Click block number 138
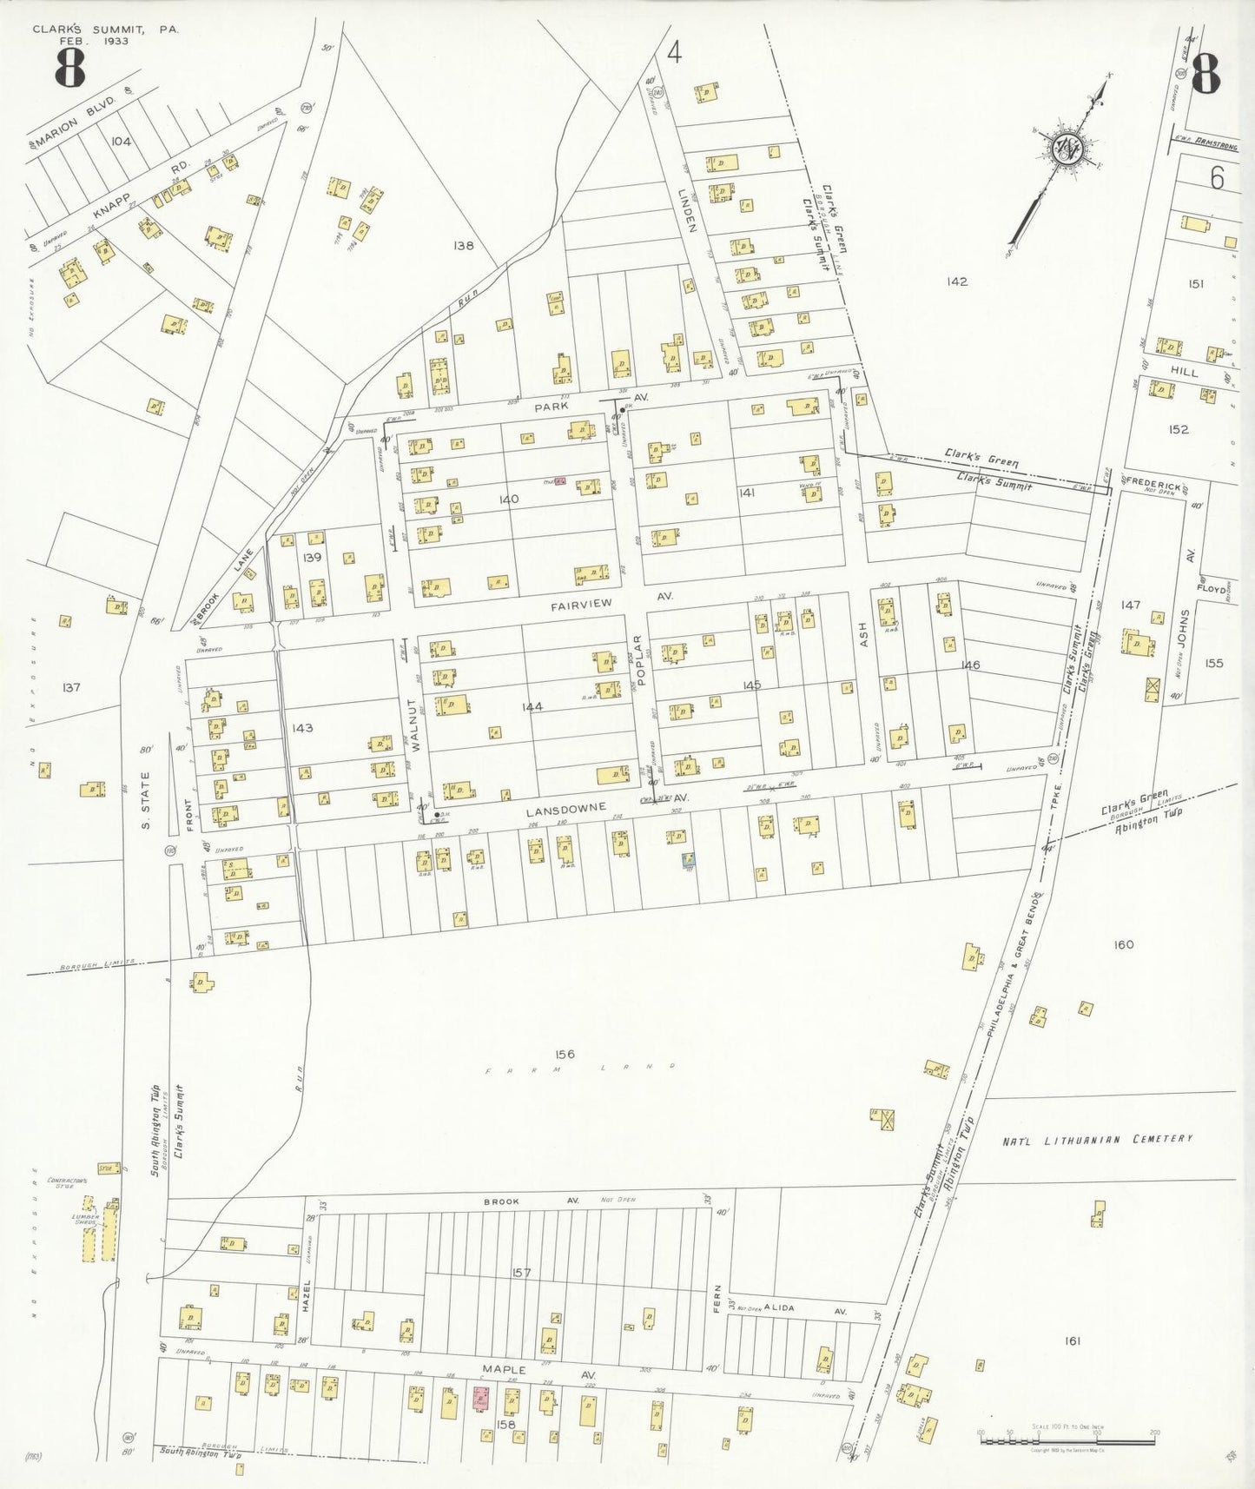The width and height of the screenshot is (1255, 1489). coord(464,246)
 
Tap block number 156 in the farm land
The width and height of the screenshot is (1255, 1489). coord(565,1055)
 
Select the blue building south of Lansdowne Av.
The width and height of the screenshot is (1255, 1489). coord(688,860)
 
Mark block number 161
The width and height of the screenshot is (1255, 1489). coord(1072,1341)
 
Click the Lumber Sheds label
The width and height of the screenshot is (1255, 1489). coord(86,1220)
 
